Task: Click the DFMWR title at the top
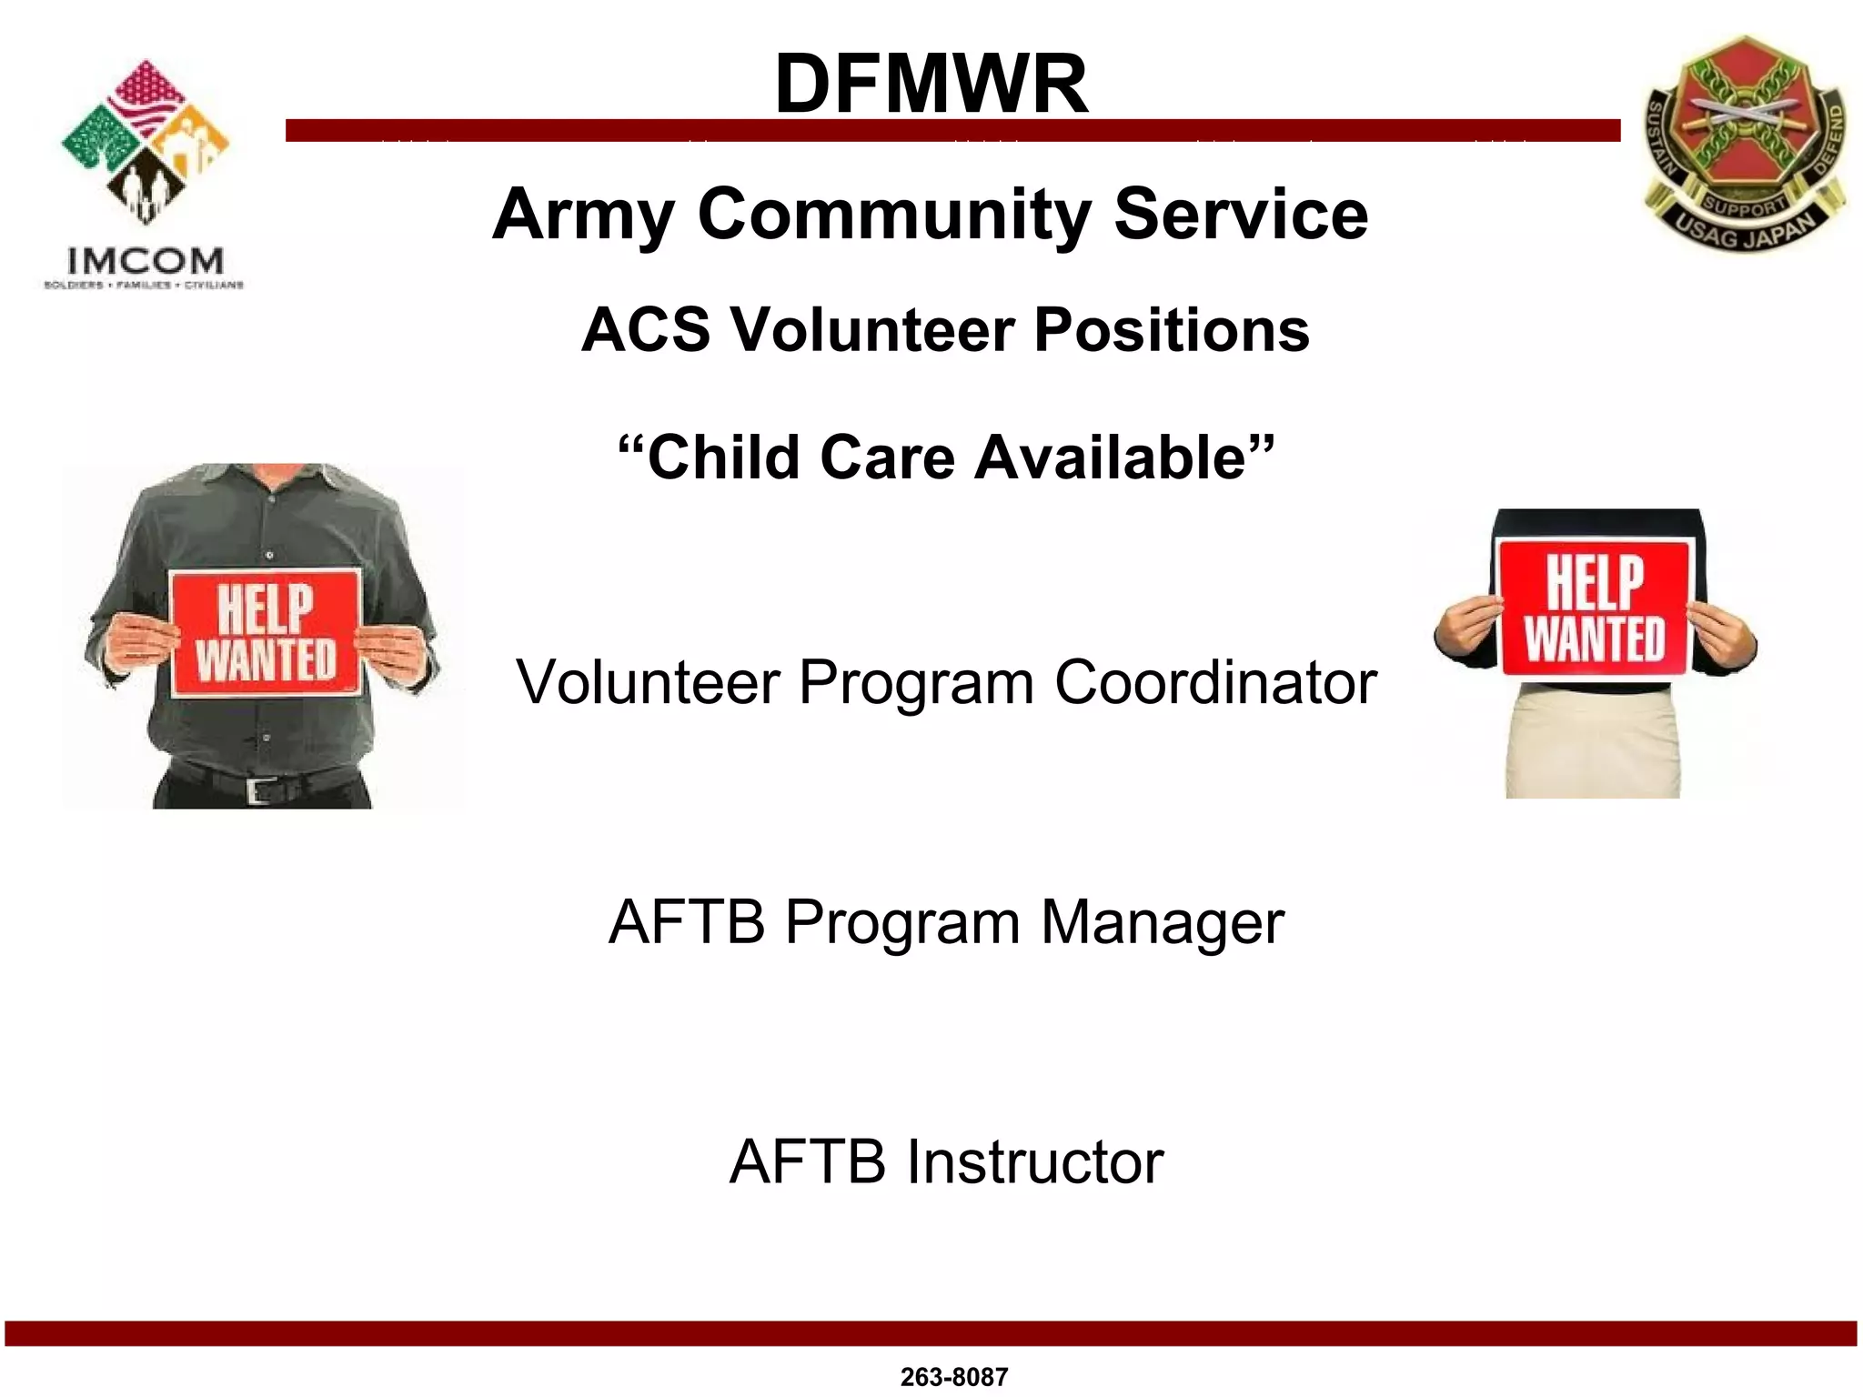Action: coord(931,84)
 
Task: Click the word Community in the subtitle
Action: coord(894,215)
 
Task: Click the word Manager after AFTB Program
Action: coord(1162,922)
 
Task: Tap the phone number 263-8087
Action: coord(953,1377)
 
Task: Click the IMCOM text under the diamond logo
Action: coord(146,262)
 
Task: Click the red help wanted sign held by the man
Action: coord(266,633)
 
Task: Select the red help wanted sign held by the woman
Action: coord(1595,608)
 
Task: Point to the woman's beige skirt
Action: coord(1592,741)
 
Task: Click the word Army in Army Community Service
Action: coord(582,215)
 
